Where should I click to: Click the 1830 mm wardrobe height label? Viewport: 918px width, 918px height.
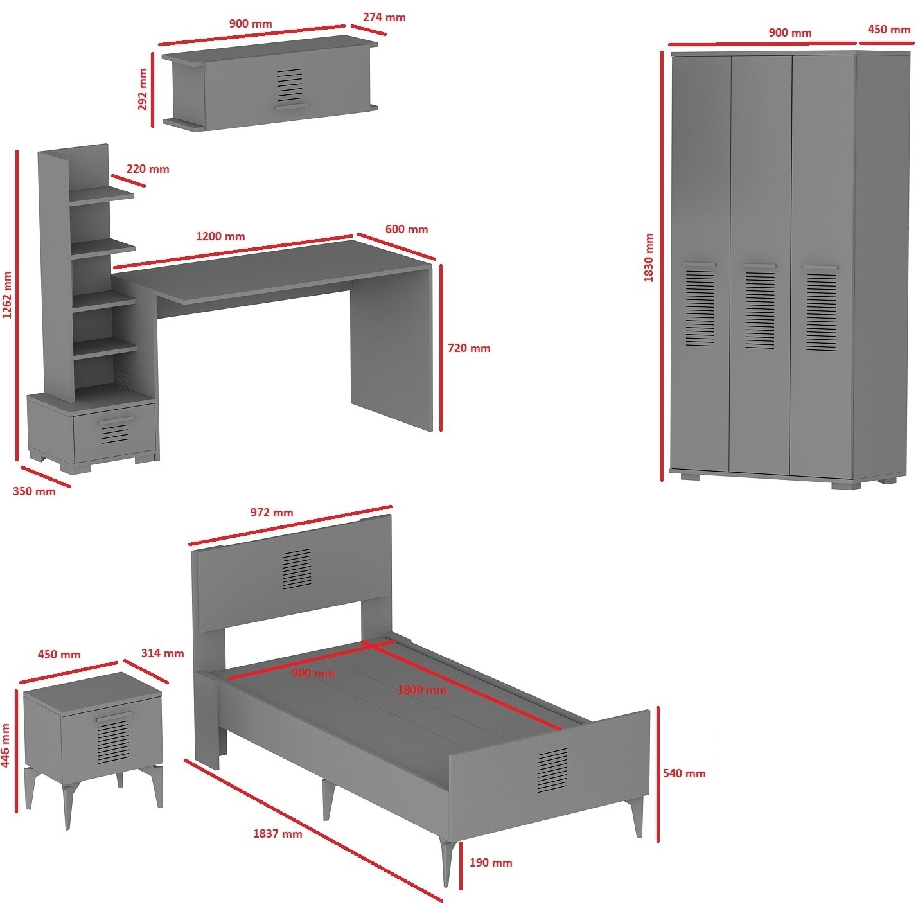[x=648, y=257]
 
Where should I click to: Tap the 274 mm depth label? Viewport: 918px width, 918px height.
[x=384, y=17]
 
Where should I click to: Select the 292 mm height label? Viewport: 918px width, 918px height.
[x=143, y=89]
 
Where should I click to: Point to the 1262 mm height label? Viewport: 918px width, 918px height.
[x=6, y=295]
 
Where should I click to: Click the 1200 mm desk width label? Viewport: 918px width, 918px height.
[x=220, y=236]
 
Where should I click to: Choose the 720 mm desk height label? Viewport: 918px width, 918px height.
[x=469, y=348]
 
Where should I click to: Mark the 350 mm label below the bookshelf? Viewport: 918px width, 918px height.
[x=34, y=491]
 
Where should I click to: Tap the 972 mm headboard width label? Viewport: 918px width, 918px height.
[x=272, y=513]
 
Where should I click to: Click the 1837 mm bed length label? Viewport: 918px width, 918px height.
[x=278, y=834]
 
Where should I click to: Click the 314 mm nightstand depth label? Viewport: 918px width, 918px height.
[x=163, y=653]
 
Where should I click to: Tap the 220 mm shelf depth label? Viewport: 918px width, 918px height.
[x=148, y=169]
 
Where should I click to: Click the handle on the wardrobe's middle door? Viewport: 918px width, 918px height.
[x=759, y=265]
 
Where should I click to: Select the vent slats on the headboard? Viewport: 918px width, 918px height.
[x=296, y=569]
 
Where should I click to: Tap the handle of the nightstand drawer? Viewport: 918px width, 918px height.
[x=114, y=716]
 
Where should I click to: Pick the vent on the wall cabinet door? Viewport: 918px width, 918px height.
[x=290, y=85]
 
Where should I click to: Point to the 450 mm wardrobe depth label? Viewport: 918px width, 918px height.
[x=889, y=30]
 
